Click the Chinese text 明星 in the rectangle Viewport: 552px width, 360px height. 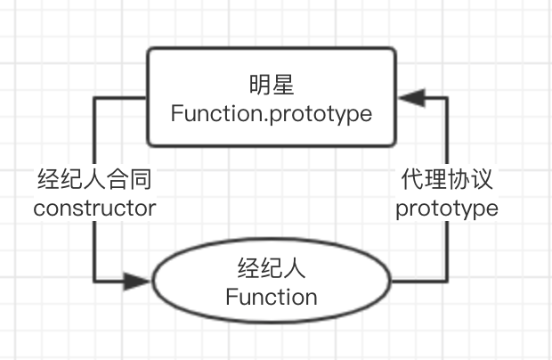[272, 85]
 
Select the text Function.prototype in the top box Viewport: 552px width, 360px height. [272, 114]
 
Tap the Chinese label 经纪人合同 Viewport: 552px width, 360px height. [94, 179]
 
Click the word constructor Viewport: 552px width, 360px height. [94, 209]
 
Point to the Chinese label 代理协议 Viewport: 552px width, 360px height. [447, 179]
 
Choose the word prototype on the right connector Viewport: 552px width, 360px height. [447, 209]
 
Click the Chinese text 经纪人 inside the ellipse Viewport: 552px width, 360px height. [272, 268]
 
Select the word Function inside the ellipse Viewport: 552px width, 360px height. [272, 297]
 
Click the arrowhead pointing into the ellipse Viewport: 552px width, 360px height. [137, 281]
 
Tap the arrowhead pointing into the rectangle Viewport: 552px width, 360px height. [412, 97]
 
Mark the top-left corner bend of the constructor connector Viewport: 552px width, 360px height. [94, 98]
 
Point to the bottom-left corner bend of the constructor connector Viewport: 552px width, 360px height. [94, 281]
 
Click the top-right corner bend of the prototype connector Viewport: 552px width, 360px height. [447, 98]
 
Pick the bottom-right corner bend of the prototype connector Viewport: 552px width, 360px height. [447, 281]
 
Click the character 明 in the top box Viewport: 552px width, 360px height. [260, 85]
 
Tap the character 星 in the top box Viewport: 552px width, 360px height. [283, 85]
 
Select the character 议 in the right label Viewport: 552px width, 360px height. [482, 179]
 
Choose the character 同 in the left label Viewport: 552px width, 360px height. [141, 179]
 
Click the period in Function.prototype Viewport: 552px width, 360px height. [266, 120]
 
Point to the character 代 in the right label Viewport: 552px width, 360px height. [412, 179]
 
